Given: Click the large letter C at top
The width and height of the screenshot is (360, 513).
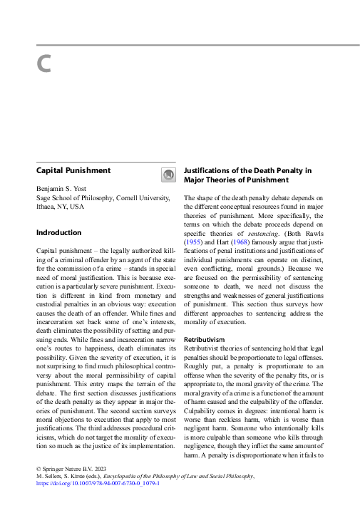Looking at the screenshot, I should (x=43, y=64).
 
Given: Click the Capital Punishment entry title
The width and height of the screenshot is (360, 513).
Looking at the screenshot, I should (x=73, y=171).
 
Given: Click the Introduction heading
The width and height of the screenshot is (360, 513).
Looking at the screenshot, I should (x=59, y=232).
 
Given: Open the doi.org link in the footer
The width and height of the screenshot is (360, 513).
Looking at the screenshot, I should (x=98, y=482).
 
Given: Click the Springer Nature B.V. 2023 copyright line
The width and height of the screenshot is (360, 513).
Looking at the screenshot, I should (x=70, y=468).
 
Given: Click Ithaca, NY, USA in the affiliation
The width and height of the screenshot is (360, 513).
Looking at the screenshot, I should (x=60, y=206).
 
